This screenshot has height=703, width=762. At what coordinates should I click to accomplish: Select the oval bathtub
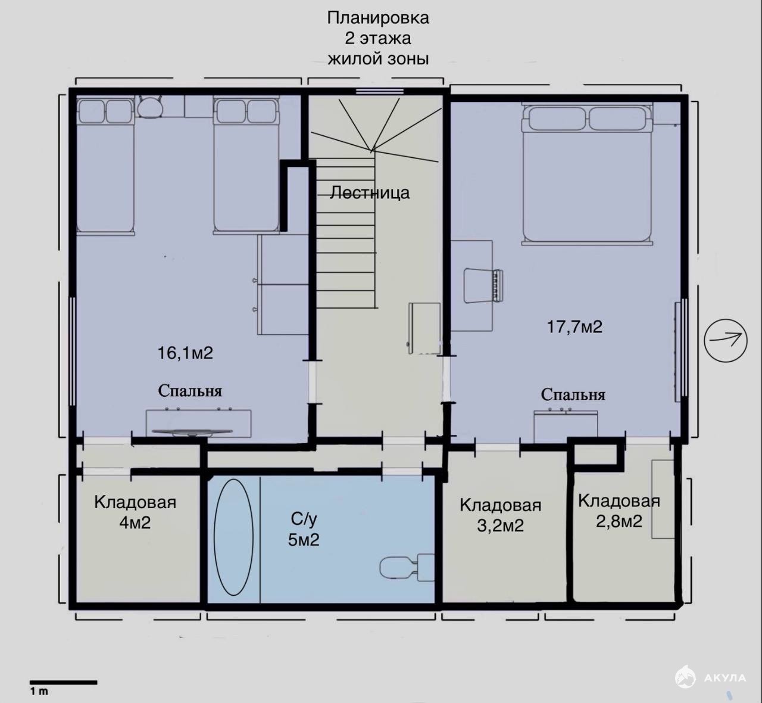[233, 537]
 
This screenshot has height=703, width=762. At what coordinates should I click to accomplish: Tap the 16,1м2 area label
[185, 353]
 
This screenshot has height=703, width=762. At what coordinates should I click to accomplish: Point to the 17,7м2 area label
[574, 327]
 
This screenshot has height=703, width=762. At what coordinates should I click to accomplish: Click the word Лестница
[370, 192]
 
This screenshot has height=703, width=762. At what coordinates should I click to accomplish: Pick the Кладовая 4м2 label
[135, 512]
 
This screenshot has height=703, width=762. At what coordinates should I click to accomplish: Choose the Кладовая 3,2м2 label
[500, 515]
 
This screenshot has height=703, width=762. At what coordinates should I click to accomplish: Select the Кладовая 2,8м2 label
[619, 511]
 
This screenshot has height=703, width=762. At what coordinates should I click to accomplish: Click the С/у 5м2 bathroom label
[304, 530]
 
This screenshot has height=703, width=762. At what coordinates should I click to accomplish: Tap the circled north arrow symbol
[726, 340]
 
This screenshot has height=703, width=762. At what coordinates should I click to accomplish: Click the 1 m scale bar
[63, 683]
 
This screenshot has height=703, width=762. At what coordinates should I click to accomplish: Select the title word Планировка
[378, 18]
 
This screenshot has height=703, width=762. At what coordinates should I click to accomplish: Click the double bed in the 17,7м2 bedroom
[587, 173]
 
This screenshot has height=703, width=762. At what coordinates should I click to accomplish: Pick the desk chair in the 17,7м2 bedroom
[483, 286]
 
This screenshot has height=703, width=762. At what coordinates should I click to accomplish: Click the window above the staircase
[379, 91]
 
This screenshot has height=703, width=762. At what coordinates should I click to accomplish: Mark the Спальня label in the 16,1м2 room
[190, 391]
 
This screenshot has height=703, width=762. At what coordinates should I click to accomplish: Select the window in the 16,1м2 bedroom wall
[73, 351]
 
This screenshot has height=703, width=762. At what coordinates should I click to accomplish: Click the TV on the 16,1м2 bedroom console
[192, 432]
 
